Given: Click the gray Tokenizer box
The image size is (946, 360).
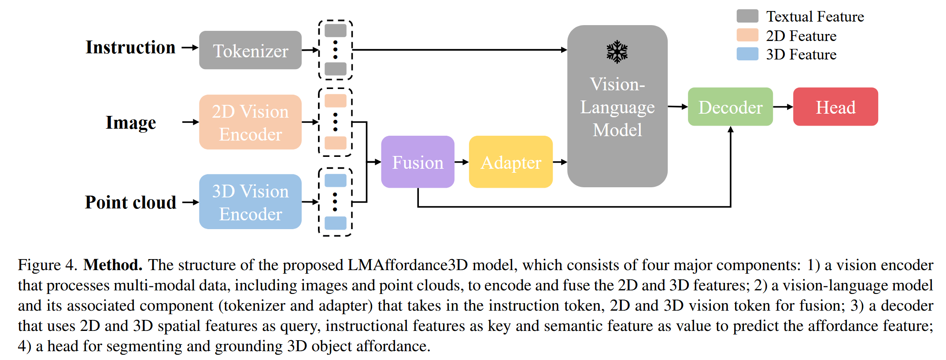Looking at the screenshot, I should [250, 50].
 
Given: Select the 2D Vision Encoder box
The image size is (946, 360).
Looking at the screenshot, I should [250, 122].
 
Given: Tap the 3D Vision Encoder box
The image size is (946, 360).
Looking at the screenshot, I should [250, 202].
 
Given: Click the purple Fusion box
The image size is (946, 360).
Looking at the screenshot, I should [418, 162].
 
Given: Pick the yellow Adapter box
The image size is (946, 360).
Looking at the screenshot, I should [510, 162].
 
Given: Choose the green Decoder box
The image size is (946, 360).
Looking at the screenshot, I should [730, 107].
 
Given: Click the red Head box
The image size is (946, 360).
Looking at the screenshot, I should [835, 107].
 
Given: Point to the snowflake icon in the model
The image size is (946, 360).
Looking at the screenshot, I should [617, 52].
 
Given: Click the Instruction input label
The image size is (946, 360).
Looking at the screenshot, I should [130, 48].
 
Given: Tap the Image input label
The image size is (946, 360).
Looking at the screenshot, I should [131, 122].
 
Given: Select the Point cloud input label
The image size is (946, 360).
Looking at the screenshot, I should [130, 202].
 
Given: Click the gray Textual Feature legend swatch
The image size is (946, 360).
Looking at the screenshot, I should [747, 16].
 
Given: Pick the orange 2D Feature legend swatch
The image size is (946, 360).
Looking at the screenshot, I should [747, 35].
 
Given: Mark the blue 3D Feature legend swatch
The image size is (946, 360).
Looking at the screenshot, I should [747, 54].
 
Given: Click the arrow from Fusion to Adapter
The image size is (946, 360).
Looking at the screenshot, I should [462, 162].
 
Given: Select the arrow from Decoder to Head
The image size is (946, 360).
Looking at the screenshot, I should [783, 107].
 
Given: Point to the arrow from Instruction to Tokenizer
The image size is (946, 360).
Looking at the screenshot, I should [190, 48].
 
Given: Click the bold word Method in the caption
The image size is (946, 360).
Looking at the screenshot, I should [113, 265].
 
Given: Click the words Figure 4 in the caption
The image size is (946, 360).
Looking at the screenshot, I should [47, 265].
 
